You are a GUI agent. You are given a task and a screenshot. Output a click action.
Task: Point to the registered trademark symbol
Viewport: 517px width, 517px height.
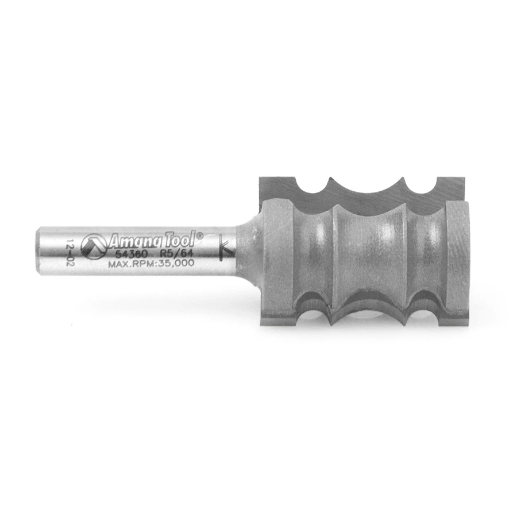coord(200,235)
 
